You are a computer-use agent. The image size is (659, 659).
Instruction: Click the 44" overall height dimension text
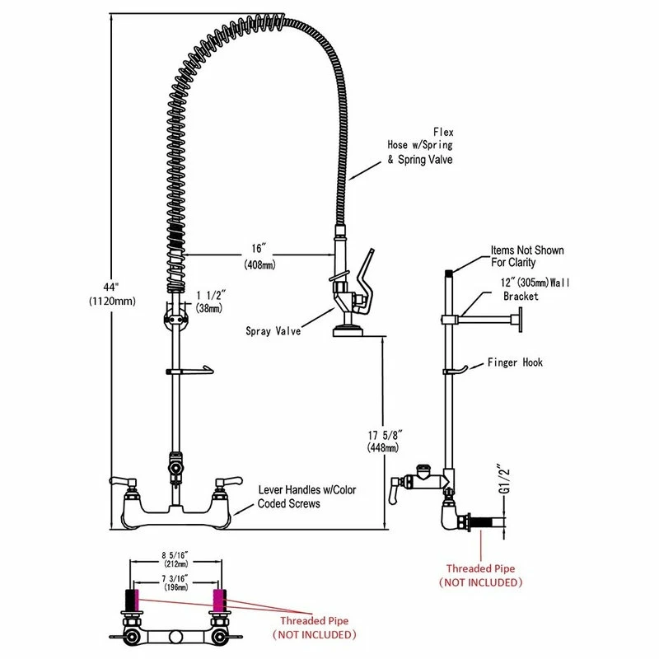tap(112, 294)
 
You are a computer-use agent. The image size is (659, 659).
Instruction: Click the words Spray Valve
tap(273, 331)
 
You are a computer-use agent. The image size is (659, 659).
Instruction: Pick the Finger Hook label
tap(515, 362)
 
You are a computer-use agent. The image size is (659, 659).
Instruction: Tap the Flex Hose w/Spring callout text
tap(420, 146)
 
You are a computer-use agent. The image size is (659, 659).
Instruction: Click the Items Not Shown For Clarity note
tap(527, 256)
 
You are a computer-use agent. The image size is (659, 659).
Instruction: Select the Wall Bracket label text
tap(535, 289)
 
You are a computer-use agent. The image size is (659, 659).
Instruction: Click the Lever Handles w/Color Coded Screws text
tap(306, 497)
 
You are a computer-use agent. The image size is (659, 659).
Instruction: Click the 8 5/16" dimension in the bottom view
tap(175, 559)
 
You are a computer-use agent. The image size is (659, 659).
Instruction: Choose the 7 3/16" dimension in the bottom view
tap(175, 583)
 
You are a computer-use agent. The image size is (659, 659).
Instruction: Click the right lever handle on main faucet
tap(229, 481)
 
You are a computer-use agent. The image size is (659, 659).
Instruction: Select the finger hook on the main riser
tap(190, 370)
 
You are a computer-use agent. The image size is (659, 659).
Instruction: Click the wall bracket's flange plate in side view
tap(521, 320)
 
